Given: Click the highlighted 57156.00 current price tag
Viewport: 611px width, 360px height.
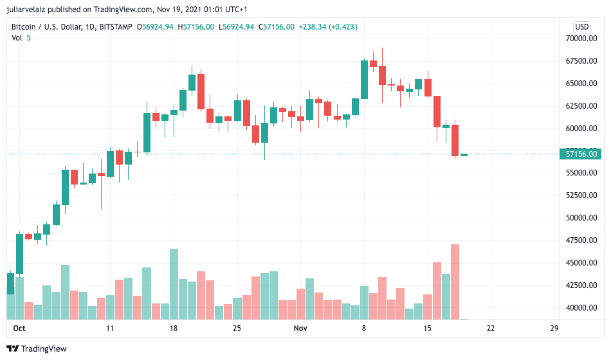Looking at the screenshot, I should [x=582, y=154].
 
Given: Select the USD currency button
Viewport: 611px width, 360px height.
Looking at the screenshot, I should [x=582, y=26].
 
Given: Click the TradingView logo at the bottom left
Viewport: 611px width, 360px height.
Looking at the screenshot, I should [x=39, y=349].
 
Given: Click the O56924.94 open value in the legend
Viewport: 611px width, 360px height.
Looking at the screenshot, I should [x=156, y=26].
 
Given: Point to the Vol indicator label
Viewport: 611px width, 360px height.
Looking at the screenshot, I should [x=17, y=38].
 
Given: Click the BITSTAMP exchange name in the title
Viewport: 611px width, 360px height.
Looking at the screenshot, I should [x=114, y=26].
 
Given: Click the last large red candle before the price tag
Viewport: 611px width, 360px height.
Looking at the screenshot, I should [x=455, y=140].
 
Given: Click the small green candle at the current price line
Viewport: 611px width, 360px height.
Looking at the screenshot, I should [x=464, y=155].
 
